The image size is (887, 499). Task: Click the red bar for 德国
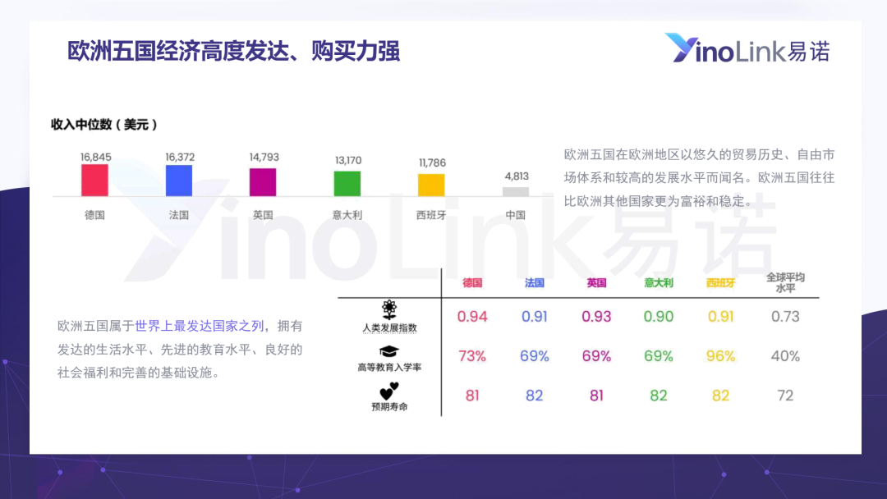click(x=94, y=181)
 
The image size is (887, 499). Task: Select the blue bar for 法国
click(x=179, y=181)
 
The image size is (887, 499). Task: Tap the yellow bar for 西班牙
click(x=431, y=185)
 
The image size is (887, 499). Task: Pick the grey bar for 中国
click(x=515, y=191)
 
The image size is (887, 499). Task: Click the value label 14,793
click(x=264, y=157)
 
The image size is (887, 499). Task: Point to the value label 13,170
click(x=348, y=161)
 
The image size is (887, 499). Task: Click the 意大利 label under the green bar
click(x=347, y=215)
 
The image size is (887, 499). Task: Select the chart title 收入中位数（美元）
click(x=104, y=124)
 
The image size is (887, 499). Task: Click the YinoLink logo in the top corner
click(x=747, y=48)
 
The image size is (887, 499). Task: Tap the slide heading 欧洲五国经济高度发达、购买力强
click(x=233, y=51)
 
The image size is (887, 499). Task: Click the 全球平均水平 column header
click(x=785, y=282)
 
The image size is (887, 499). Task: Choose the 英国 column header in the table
click(x=596, y=282)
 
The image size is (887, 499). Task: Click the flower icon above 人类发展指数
click(x=389, y=309)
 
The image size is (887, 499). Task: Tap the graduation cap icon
click(x=389, y=351)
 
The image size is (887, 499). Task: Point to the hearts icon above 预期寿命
click(x=389, y=391)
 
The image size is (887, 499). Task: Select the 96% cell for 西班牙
click(x=721, y=356)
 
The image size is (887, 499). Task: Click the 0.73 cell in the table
click(x=785, y=317)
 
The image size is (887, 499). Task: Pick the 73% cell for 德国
click(x=471, y=356)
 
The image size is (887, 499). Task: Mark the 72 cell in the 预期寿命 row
click(x=785, y=396)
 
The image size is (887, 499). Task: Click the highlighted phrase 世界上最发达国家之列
click(x=199, y=326)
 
